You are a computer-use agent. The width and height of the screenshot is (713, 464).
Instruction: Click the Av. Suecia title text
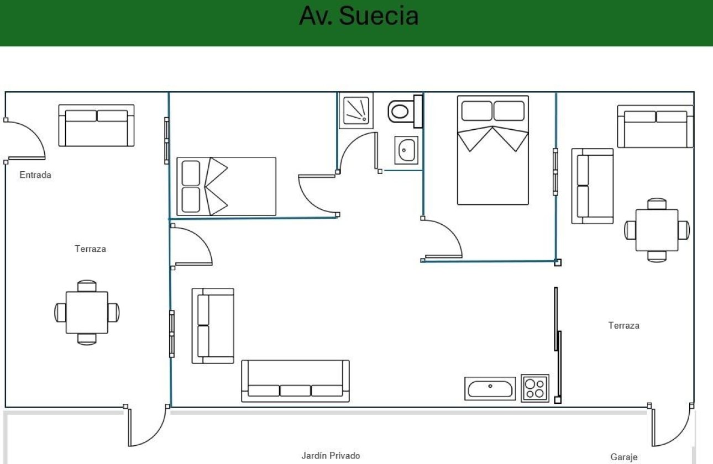[x=359, y=16]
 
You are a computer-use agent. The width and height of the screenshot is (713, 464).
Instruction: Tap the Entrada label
[x=35, y=175]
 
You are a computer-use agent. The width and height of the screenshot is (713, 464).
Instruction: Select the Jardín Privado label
[x=331, y=456]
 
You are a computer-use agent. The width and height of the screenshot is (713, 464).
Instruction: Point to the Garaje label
[x=624, y=457]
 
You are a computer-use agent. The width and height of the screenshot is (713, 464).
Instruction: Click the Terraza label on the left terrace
[x=90, y=249]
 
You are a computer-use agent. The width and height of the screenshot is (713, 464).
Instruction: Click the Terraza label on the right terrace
[x=624, y=325]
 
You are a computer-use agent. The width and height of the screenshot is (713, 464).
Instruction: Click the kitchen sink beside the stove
[x=490, y=388]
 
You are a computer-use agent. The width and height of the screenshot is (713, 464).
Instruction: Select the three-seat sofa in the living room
[x=295, y=381]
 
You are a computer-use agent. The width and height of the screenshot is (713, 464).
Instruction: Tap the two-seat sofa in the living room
[x=213, y=325]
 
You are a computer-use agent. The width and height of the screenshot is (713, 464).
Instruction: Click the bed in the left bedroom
[x=226, y=186]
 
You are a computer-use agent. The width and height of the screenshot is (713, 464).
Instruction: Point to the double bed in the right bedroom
[x=492, y=150]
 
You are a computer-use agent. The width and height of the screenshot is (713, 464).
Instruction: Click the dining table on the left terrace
[x=87, y=313]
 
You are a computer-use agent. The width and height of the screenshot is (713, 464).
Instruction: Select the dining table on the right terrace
[x=657, y=230]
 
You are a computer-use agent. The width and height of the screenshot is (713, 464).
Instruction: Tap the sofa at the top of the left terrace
[x=97, y=125]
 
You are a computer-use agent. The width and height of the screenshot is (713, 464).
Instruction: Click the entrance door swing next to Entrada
[x=25, y=141]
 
